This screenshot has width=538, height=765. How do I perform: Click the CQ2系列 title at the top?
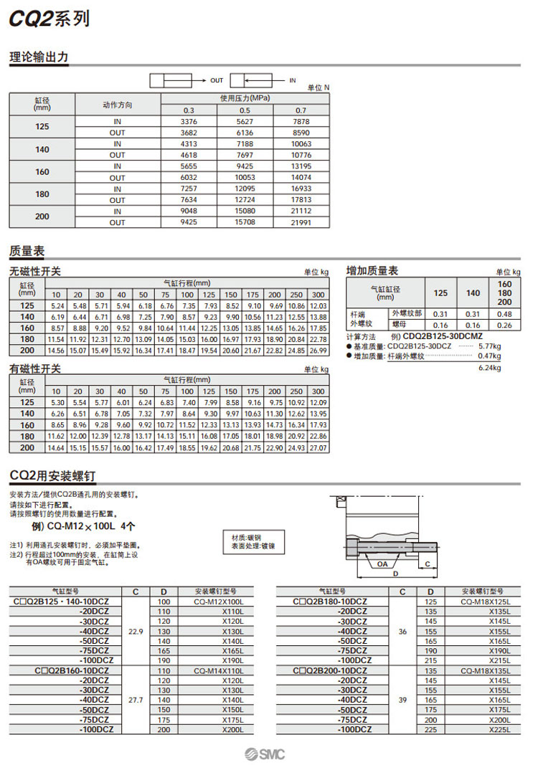(49, 19)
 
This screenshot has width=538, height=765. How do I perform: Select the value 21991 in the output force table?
(301, 223)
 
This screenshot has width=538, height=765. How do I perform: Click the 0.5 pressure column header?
(245, 110)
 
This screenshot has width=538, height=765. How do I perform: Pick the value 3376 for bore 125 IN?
(189, 122)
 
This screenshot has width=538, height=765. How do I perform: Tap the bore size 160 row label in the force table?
(42, 172)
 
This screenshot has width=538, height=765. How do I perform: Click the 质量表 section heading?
(27, 251)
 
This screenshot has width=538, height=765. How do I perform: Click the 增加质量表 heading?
(372, 270)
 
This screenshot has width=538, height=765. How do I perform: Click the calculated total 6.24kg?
(489, 368)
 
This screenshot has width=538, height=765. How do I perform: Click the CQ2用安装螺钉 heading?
(52, 475)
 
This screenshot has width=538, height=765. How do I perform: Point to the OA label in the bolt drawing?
(382, 564)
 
